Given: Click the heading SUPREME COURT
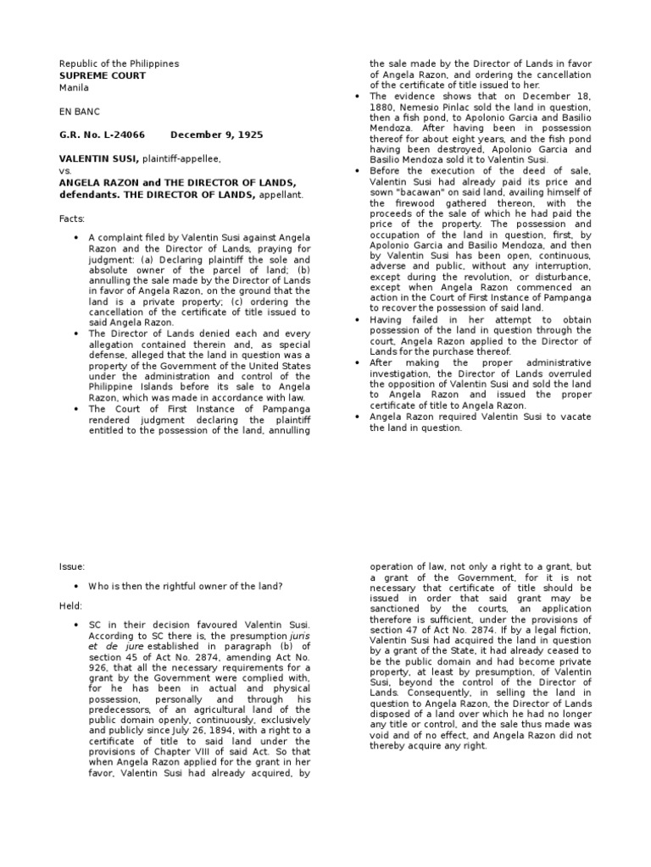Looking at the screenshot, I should (102, 75).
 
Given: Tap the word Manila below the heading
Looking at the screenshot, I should (74, 87).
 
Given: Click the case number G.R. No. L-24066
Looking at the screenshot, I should (102, 135).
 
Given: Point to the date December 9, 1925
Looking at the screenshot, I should (216, 135).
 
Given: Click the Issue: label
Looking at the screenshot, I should (72, 566).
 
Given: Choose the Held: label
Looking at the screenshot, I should (71, 607).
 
